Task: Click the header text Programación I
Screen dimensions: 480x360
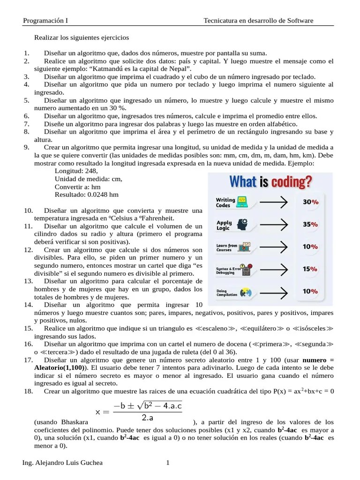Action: coord(45,21)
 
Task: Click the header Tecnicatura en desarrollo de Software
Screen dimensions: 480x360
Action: coord(258,21)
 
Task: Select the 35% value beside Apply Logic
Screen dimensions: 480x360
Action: coord(310,224)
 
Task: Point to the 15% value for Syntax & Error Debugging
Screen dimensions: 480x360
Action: coord(310,269)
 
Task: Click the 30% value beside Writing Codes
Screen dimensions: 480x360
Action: coord(310,202)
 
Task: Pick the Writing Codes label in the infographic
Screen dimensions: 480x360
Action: coord(225,202)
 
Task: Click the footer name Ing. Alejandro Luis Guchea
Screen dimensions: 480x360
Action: coord(62,463)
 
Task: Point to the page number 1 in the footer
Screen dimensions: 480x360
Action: coord(167,463)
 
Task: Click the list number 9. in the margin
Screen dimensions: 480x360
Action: coord(26,147)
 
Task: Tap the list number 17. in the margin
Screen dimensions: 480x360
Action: coord(28,360)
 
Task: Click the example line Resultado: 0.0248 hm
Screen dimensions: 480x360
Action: coord(86,194)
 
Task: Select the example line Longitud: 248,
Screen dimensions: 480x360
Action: coord(76,171)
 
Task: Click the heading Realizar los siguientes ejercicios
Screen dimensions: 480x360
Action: coord(82,37)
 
